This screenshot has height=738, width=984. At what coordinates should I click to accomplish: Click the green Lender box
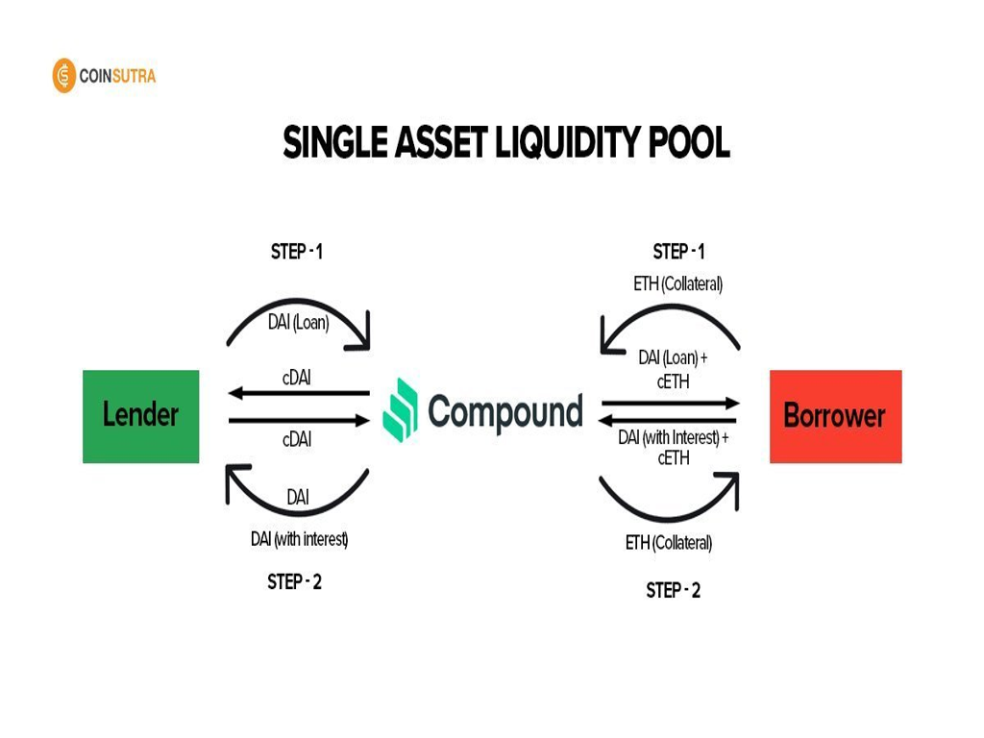point(140,416)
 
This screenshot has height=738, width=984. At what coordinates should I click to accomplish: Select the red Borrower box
point(835,416)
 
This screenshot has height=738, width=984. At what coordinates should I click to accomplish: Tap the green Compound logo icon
point(402,410)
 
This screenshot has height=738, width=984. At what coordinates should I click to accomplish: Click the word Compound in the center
point(505,411)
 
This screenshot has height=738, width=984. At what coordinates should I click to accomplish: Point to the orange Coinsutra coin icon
point(63,76)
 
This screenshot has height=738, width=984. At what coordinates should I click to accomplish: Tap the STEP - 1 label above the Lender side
point(297,253)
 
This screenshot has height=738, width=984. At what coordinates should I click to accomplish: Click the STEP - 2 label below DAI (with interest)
point(294,582)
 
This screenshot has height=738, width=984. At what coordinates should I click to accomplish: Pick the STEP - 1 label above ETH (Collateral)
point(678,252)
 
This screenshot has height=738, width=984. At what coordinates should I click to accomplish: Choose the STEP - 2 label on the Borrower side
point(673,590)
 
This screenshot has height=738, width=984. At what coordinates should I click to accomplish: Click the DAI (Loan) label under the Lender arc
point(298,323)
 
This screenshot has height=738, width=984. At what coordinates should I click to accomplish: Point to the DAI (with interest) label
point(299,539)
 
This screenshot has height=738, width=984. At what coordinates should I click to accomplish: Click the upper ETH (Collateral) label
point(677,284)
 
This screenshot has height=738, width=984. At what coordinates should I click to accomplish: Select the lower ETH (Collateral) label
point(669,543)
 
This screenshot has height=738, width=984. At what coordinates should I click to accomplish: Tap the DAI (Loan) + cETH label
point(673,369)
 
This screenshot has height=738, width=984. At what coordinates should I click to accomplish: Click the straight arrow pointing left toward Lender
point(299,393)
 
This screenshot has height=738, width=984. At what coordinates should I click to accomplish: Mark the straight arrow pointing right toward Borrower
point(671,404)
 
